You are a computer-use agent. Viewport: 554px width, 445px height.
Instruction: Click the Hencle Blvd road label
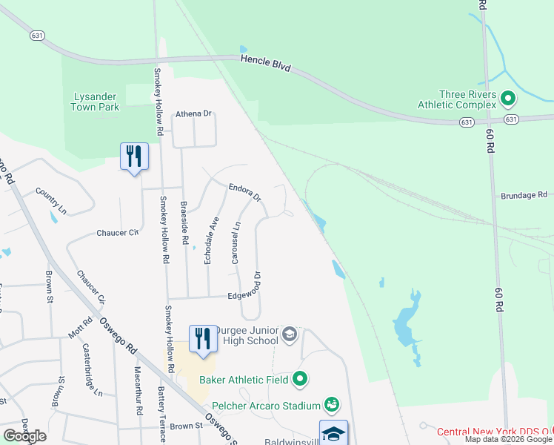click(x=264, y=64)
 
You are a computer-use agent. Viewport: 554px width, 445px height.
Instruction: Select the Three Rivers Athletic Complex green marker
click(x=508, y=98)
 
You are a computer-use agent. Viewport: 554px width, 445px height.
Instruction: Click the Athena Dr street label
click(x=193, y=114)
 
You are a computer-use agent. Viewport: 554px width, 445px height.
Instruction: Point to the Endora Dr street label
click(x=245, y=193)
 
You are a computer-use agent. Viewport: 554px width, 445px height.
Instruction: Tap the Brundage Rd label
click(x=524, y=195)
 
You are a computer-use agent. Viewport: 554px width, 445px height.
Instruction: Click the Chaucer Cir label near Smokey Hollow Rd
click(x=118, y=233)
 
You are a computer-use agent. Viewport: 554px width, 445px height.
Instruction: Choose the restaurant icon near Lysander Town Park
click(x=134, y=156)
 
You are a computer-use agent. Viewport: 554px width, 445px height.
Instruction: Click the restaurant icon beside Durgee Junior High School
click(x=203, y=339)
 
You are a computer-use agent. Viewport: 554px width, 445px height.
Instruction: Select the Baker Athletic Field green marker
click(x=300, y=380)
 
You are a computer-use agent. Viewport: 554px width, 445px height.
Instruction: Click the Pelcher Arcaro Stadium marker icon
click(x=333, y=405)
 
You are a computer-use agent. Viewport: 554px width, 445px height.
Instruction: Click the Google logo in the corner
click(x=24, y=436)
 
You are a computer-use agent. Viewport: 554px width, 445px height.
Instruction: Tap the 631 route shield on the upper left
click(x=38, y=35)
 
